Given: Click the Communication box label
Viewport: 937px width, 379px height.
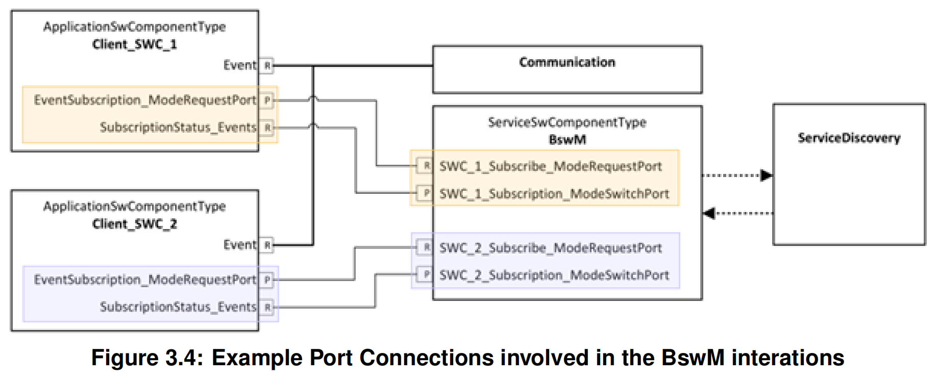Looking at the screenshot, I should point(567,62).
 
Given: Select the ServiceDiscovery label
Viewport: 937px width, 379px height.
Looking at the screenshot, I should point(849,138).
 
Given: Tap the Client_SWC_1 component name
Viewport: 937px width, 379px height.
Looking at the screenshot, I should point(134,44).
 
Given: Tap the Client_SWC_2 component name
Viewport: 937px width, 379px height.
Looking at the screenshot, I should point(134,224).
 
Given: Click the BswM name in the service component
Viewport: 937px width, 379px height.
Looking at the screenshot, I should point(567,139).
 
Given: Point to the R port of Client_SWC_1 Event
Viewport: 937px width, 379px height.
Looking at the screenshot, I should point(267,65).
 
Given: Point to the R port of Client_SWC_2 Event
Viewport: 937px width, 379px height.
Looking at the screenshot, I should point(267,245).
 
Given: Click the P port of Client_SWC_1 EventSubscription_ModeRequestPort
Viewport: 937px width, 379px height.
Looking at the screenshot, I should point(267,100).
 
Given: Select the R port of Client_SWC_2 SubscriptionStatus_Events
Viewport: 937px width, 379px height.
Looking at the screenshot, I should point(267,307).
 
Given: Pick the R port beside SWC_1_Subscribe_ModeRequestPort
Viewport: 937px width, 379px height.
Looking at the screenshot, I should point(426,165).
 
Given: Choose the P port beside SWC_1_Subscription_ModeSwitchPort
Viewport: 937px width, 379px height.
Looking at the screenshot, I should point(426,193).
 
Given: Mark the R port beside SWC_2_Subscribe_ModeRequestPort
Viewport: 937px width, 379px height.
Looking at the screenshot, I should point(426,247).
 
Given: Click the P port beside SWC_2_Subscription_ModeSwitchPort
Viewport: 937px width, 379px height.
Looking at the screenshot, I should point(426,274).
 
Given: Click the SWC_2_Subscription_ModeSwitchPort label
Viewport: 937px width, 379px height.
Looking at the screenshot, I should point(554,275).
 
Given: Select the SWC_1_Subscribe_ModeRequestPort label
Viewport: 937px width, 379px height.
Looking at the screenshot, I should point(550,166).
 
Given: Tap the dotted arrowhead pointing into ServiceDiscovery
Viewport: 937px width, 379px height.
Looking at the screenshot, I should point(767,175).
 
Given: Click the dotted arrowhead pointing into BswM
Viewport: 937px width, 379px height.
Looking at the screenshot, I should point(709,213).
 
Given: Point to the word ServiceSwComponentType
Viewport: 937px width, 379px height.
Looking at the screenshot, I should point(567,122).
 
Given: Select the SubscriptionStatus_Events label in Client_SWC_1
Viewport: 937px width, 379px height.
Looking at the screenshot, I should point(178,127).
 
